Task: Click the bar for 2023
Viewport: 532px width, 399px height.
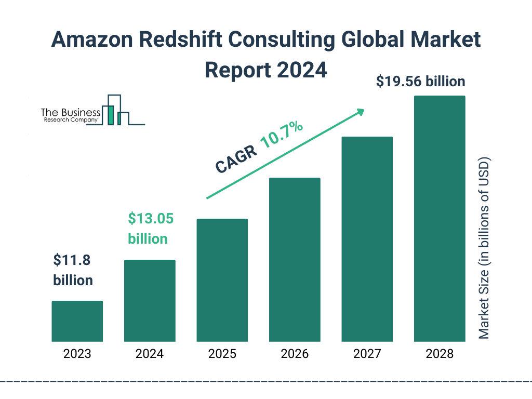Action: [77, 321]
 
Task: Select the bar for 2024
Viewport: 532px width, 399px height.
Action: [150, 300]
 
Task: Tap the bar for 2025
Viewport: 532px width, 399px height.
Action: [222, 280]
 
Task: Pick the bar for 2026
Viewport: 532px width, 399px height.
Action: [295, 260]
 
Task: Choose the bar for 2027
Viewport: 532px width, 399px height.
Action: [367, 239]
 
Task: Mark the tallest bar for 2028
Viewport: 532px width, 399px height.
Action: [440, 219]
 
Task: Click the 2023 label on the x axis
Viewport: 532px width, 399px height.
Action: [77, 354]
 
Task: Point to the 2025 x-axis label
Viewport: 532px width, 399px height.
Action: [222, 354]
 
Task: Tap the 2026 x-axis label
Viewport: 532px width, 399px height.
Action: [295, 354]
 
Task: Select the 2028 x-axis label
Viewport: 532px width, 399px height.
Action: [440, 354]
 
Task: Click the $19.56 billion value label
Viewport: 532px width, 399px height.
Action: [421, 82]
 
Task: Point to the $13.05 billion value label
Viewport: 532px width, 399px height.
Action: [151, 228]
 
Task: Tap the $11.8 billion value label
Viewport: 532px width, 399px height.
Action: [73, 270]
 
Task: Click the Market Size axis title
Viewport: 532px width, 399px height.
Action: [484, 247]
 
